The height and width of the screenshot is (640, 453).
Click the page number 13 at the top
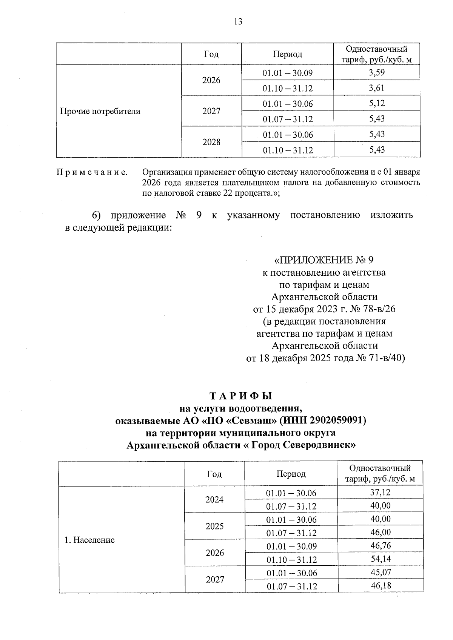pyautogui.click(x=238, y=21)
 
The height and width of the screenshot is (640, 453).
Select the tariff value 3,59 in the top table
pyautogui.click(x=377, y=72)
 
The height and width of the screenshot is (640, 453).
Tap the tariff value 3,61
pyautogui.click(x=377, y=88)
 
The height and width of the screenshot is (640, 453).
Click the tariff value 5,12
pyautogui.click(x=377, y=103)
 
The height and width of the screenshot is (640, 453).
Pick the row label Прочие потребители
pyautogui.click(x=100, y=111)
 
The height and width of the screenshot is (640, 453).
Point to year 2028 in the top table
pyautogui.click(x=211, y=142)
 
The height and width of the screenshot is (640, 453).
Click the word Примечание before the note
pyautogui.click(x=92, y=172)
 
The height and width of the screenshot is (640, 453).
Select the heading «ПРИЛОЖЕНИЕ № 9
pyautogui.click(x=324, y=260)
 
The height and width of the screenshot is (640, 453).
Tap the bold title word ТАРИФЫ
pyautogui.click(x=241, y=396)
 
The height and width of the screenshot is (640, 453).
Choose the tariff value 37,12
pyautogui.click(x=380, y=492)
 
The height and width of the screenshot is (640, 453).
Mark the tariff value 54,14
pyautogui.click(x=380, y=559)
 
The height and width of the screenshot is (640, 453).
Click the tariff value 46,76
pyautogui.click(x=380, y=546)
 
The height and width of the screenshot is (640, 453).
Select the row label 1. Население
pyautogui.click(x=89, y=540)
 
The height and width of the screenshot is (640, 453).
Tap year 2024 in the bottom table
pyautogui.click(x=214, y=500)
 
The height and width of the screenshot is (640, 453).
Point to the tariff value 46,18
pyautogui.click(x=380, y=586)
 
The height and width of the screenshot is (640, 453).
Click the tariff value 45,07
pyautogui.click(x=380, y=572)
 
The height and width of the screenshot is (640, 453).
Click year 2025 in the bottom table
pyautogui.click(x=214, y=526)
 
